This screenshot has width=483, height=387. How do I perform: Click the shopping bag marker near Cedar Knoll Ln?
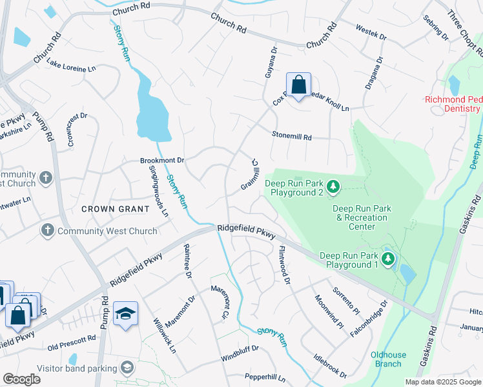coord(298,85)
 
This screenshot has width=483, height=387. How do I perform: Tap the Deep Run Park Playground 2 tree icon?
coord(333,187)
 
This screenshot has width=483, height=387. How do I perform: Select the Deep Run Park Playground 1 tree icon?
coord(387,259)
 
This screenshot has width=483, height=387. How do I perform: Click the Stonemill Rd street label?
coord(291,137)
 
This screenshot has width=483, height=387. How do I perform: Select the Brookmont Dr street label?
coord(162,160)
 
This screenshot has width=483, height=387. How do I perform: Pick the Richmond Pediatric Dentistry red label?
coord(453,104)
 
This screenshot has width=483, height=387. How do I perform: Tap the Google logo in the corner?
coord(21,379)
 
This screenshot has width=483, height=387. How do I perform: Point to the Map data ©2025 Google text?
coord(442,382)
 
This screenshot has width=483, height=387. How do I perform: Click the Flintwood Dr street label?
coord(283,263)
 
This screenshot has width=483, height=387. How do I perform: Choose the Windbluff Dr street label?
coord(239,348)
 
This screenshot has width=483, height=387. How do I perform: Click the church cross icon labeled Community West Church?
coord(47,231)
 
